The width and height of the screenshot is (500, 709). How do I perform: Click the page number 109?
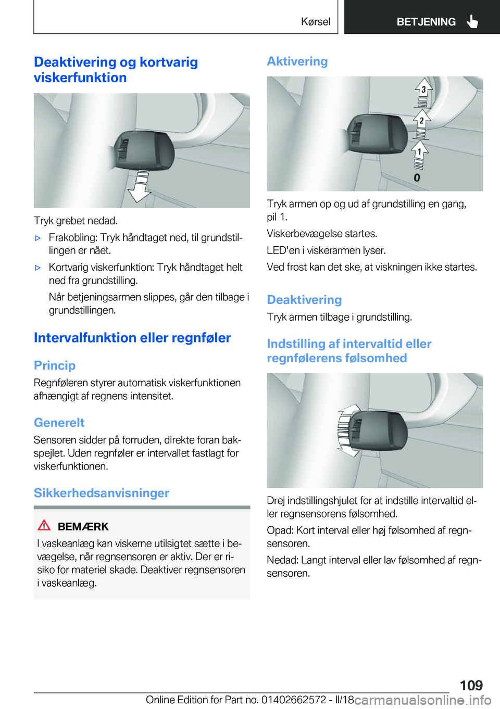471,685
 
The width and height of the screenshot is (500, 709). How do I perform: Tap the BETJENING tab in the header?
426,21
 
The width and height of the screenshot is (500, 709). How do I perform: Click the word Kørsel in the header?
316,21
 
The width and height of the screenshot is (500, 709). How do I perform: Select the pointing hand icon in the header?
472,21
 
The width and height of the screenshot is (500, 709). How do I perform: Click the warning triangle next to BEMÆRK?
44,525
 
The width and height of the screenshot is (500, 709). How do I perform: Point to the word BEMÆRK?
83,526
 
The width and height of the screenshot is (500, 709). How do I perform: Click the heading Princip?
55,365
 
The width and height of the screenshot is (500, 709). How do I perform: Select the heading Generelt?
59,423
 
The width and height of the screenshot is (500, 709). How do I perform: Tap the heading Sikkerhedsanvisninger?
102,493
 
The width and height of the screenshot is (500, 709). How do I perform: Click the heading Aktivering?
297,61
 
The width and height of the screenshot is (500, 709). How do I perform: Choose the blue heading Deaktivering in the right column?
304,300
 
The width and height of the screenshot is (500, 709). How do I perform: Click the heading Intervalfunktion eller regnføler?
132,338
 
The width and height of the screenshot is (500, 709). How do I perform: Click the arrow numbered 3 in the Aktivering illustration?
423,91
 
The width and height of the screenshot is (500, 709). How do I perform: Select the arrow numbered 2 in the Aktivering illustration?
421,122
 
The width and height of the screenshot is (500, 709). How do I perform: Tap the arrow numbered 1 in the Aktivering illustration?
419,153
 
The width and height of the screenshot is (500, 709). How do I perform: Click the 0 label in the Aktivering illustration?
417,178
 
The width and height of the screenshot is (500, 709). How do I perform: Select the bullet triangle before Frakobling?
37,238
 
